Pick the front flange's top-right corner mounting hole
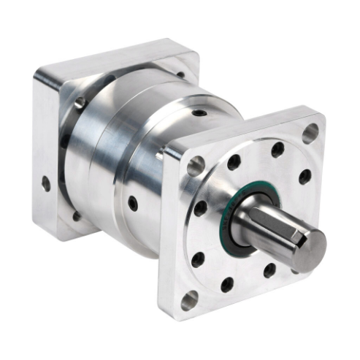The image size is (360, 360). (x=310, y=133)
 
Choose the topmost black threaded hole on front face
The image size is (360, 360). (x=277, y=150)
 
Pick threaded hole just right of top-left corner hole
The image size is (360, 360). (x=234, y=162)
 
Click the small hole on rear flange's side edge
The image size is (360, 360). (x=46, y=183)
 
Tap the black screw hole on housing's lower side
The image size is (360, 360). (x=132, y=203)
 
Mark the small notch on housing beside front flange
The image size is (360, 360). (x=160, y=156)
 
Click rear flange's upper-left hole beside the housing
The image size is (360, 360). (x=79, y=103)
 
